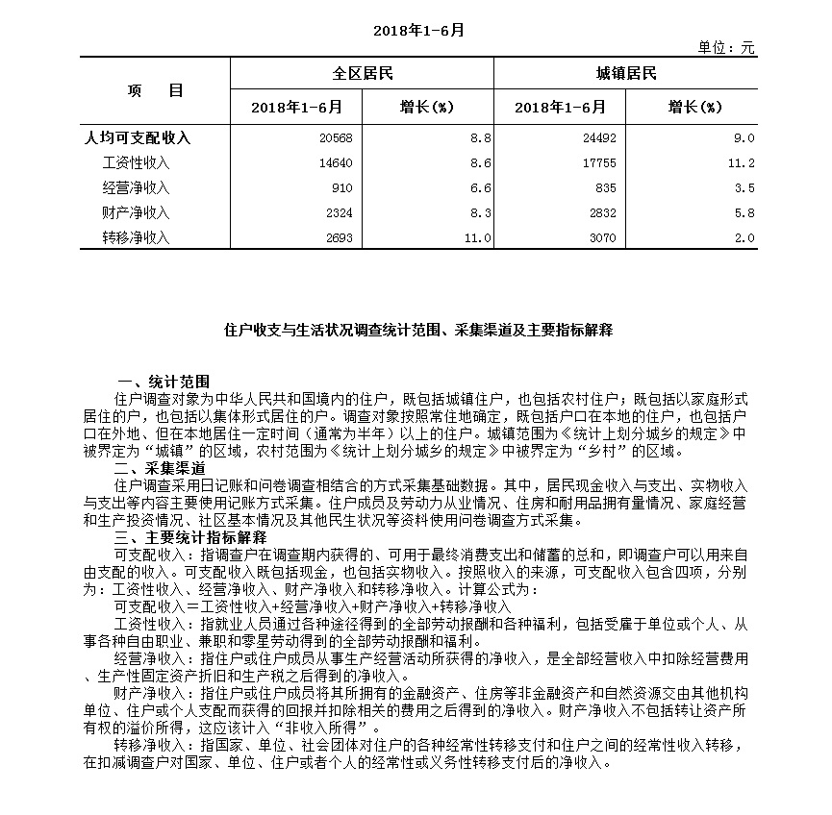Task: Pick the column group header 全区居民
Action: click(x=362, y=74)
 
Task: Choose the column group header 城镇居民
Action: click(x=626, y=74)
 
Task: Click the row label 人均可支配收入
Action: click(x=139, y=138)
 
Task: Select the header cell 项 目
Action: click(x=155, y=90)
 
